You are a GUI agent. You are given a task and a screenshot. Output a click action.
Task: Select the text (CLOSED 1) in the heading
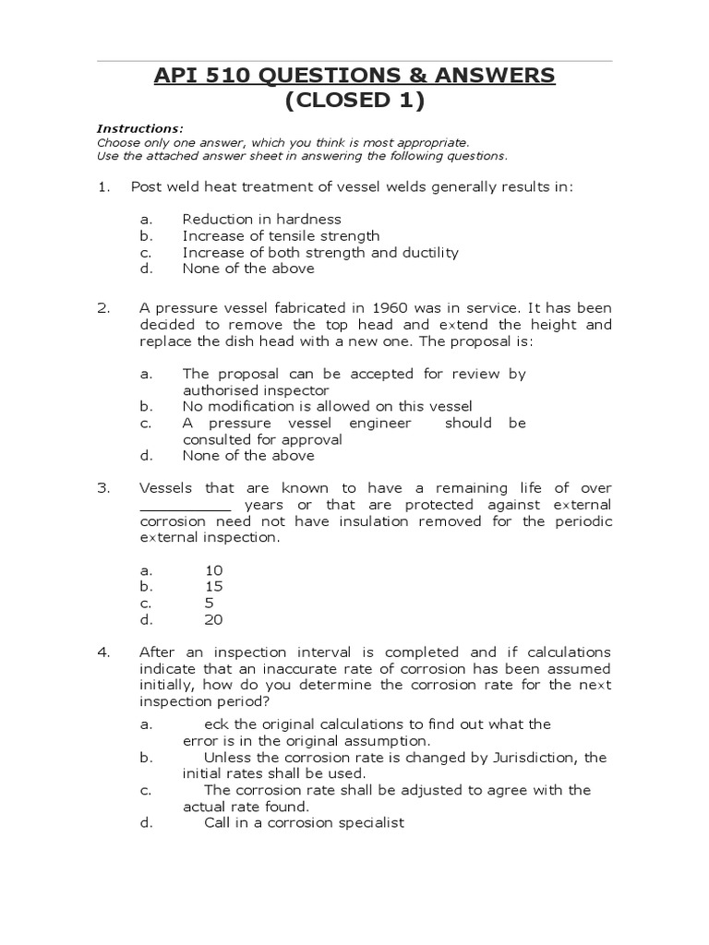354,102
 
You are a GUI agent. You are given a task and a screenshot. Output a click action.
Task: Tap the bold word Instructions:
140,128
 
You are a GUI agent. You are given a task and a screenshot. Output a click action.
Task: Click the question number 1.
102,186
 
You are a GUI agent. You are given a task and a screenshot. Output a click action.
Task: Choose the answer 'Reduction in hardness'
261,219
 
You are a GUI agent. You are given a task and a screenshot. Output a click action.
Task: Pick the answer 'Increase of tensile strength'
281,235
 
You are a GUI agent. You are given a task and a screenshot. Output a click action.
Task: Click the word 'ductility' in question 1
429,252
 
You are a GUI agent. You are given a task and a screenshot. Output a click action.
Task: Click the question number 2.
102,308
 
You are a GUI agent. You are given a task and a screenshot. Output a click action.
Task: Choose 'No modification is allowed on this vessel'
327,406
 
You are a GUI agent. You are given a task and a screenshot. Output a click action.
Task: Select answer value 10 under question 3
213,570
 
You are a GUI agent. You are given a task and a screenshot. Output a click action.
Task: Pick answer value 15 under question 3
213,587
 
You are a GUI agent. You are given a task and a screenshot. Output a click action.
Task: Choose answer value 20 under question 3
213,620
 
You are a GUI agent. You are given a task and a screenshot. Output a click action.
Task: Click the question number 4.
102,652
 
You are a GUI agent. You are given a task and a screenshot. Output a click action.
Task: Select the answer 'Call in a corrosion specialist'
304,823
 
